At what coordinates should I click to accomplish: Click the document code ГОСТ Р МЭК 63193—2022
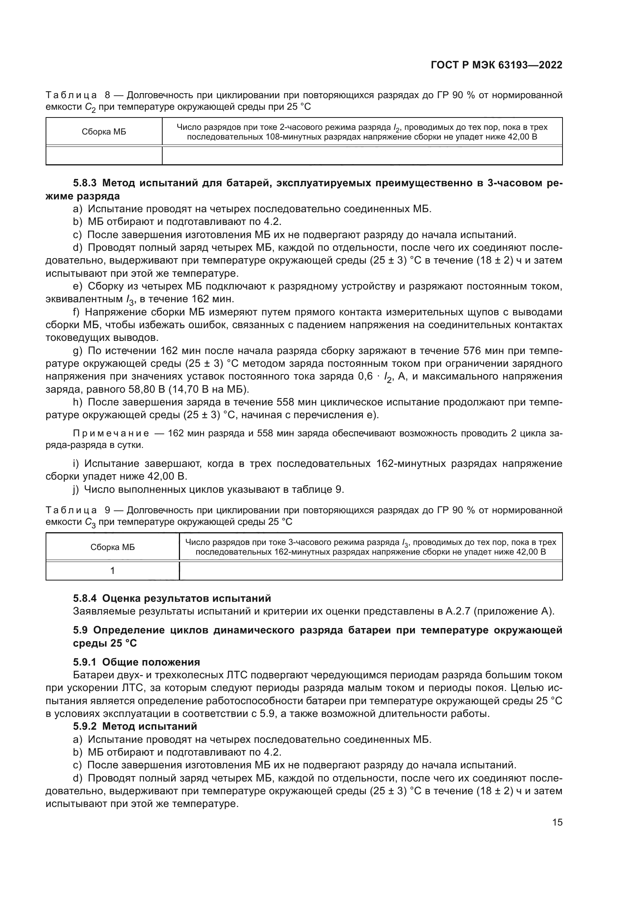tap(496, 65)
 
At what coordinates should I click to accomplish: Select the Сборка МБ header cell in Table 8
tap(104, 132)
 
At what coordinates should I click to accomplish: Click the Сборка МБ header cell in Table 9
tap(112, 547)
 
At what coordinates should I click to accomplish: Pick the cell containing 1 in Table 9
tap(112, 570)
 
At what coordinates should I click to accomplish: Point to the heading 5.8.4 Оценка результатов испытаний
tap(172, 598)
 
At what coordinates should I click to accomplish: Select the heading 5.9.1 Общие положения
tap(136, 662)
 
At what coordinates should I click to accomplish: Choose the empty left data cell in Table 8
tap(104, 155)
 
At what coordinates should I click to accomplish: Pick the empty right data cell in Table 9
tap(370, 570)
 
